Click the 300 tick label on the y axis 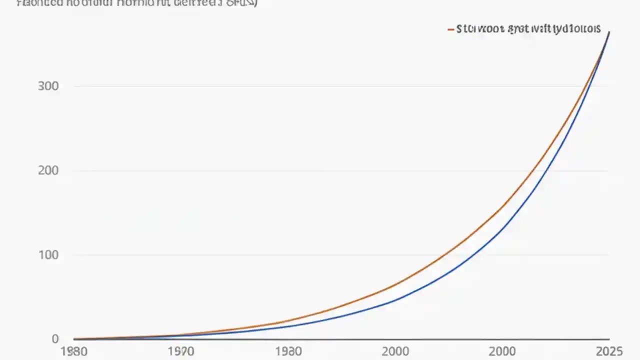pyautogui.click(x=48, y=86)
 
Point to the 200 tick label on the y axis pyautogui.click(x=48, y=170)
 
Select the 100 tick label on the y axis pyautogui.click(x=48, y=255)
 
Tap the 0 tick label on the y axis pyautogui.click(x=55, y=339)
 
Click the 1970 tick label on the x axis pyautogui.click(x=180, y=351)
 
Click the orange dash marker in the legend pyautogui.click(x=450, y=29)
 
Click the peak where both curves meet pyautogui.click(x=608, y=32)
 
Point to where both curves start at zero pyautogui.click(x=74, y=339)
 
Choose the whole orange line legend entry pyautogui.click(x=523, y=29)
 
